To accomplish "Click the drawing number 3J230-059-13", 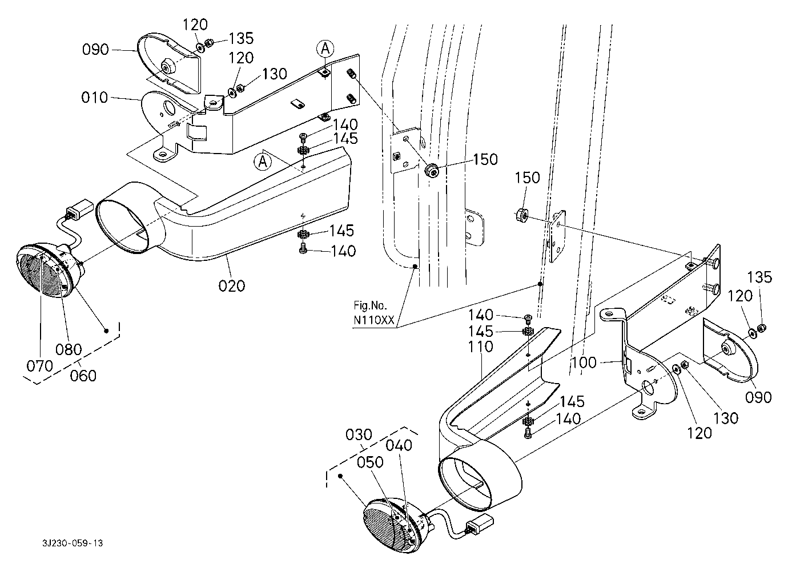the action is (73, 543).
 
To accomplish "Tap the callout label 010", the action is (94, 98).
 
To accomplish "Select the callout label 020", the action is (231, 285).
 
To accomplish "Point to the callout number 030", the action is (359, 435).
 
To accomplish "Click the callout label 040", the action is (399, 446).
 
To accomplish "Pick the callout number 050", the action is (370, 462).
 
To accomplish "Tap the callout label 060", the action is (83, 376).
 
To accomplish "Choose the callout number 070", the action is (40, 366).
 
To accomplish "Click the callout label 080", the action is (69, 349).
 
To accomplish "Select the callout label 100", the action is (584, 362).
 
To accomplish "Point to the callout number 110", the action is (481, 347).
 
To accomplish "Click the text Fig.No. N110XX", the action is (374, 312).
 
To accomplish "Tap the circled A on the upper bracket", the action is (325, 49).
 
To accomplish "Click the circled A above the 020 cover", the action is (263, 162).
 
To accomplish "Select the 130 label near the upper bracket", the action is (275, 74).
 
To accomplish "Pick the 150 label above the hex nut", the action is (527, 178).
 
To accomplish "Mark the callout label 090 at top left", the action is (95, 49).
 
